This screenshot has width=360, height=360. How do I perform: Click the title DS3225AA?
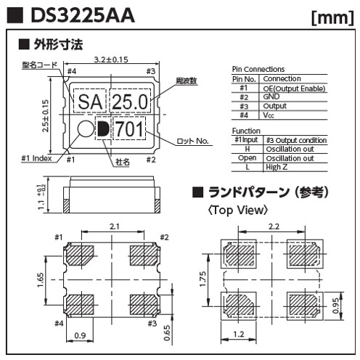click(x=83, y=15)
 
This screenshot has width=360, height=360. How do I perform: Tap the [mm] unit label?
click(x=332, y=17)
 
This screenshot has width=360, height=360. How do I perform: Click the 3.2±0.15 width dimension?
click(x=111, y=60)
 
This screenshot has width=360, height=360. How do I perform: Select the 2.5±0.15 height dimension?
click(x=45, y=116)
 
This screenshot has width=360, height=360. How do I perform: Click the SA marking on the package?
click(x=90, y=102)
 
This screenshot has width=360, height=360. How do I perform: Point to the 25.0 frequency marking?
click(x=130, y=102)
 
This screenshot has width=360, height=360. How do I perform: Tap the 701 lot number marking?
click(x=129, y=129)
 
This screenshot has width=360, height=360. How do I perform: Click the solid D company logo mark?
click(x=103, y=128)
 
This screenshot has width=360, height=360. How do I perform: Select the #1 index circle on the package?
click(x=86, y=128)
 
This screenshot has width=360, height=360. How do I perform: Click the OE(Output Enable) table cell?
click(x=294, y=89)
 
